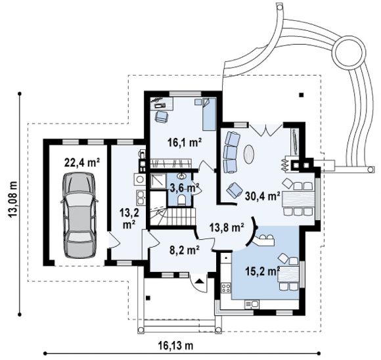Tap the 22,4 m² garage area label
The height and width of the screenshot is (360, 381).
(82, 162)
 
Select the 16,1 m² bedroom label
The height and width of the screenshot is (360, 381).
(185, 143)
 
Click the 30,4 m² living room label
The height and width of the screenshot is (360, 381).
(263, 196)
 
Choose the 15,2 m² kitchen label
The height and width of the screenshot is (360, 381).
(263, 271)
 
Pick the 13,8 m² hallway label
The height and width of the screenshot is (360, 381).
(227, 228)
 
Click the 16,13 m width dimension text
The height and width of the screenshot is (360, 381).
(175, 345)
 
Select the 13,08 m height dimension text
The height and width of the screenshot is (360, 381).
(12, 199)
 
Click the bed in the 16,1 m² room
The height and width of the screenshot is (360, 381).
(209, 114)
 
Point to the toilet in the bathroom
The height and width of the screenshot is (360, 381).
(181, 199)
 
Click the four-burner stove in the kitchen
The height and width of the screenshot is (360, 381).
(226, 288)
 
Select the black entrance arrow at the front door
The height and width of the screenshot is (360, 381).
(199, 281)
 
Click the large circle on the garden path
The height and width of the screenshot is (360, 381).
(349, 52)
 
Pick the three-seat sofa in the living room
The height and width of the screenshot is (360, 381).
(231, 152)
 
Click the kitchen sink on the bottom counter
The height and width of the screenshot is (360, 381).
(252, 304)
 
